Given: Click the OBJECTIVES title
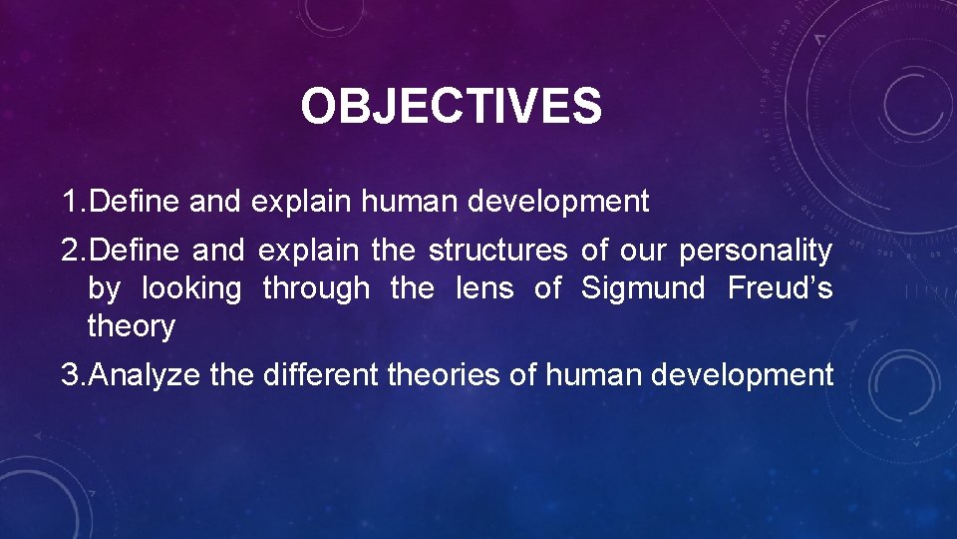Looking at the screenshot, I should click(x=451, y=107).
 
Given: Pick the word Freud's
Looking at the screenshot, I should click(x=781, y=288).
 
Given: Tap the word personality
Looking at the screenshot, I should click(x=755, y=253).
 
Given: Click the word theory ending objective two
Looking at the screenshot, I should click(x=132, y=326).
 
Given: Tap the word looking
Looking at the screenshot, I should click(x=191, y=289).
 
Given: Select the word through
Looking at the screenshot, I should click(x=315, y=289).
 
